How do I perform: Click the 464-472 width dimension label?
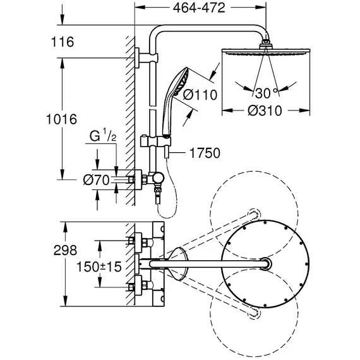[199, 8]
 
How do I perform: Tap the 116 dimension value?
[63, 42]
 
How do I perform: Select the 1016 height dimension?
[61, 119]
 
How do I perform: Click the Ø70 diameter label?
[96, 180]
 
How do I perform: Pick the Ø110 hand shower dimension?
[200, 95]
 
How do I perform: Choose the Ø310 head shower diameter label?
[265, 111]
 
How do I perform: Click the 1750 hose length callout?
[205, 153]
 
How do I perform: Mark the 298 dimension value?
[65, 250]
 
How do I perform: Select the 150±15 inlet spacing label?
[99, 267]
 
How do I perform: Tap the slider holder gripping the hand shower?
[155, 141]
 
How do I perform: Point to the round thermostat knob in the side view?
[159, 178]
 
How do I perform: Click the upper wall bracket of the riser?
[146, 58]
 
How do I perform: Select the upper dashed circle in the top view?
[254, 214]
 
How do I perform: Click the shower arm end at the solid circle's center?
[265, 264]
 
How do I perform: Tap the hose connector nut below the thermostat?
[159, 190]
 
